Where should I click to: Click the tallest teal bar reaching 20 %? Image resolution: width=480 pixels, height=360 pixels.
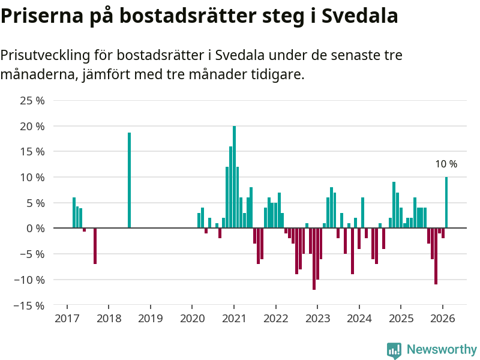pyautogui.click(x=234, y=177)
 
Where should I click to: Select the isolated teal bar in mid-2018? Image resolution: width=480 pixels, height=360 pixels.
pyautogui.click(x=129, y=180)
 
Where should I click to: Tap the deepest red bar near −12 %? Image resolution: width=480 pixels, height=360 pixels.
pyautogui.click(x=314, y=259)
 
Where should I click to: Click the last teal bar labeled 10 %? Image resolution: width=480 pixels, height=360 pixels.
pyautogui.click(x=446, y=202)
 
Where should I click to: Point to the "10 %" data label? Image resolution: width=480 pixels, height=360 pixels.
pyautogui.click(x=446, y=164)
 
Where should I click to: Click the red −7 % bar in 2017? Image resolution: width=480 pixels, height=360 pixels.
pyautogui.click(x=95, y=246)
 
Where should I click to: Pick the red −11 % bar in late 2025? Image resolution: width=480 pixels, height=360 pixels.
pyautogui.click(x=436, y=256)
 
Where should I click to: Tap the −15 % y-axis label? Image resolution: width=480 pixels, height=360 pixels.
pyautogui.click(x=29, y=305)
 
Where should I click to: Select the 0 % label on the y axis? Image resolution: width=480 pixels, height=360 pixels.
pyautogui.click(x=35, y=229)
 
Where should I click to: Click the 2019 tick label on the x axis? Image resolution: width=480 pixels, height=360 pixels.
pyautogui.click(x=150, y=319)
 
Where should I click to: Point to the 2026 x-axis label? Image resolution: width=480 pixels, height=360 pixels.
pyautogui.click(x=442, y=319)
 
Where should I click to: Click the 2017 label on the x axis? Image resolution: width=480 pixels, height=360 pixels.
pyautogui.click(x=67, y=319)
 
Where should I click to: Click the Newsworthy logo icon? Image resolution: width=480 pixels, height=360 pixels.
pyautogui.click(x=394, y=350)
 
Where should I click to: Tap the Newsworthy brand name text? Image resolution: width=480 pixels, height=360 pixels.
pyautogui.click(x=442, y=349)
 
